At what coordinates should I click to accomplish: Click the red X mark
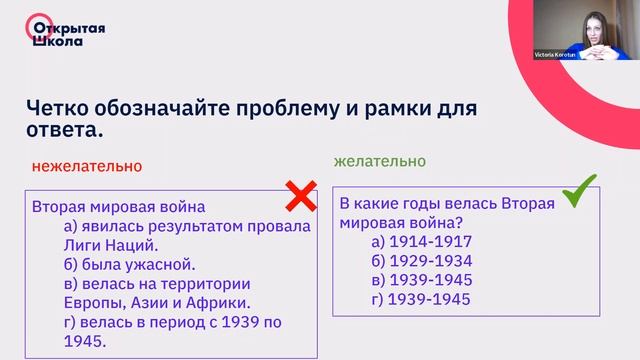point(300,197)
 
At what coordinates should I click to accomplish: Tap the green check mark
point(578,190)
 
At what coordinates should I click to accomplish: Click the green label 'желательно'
point(379,161)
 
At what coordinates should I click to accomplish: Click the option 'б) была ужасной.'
point(129,264)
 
